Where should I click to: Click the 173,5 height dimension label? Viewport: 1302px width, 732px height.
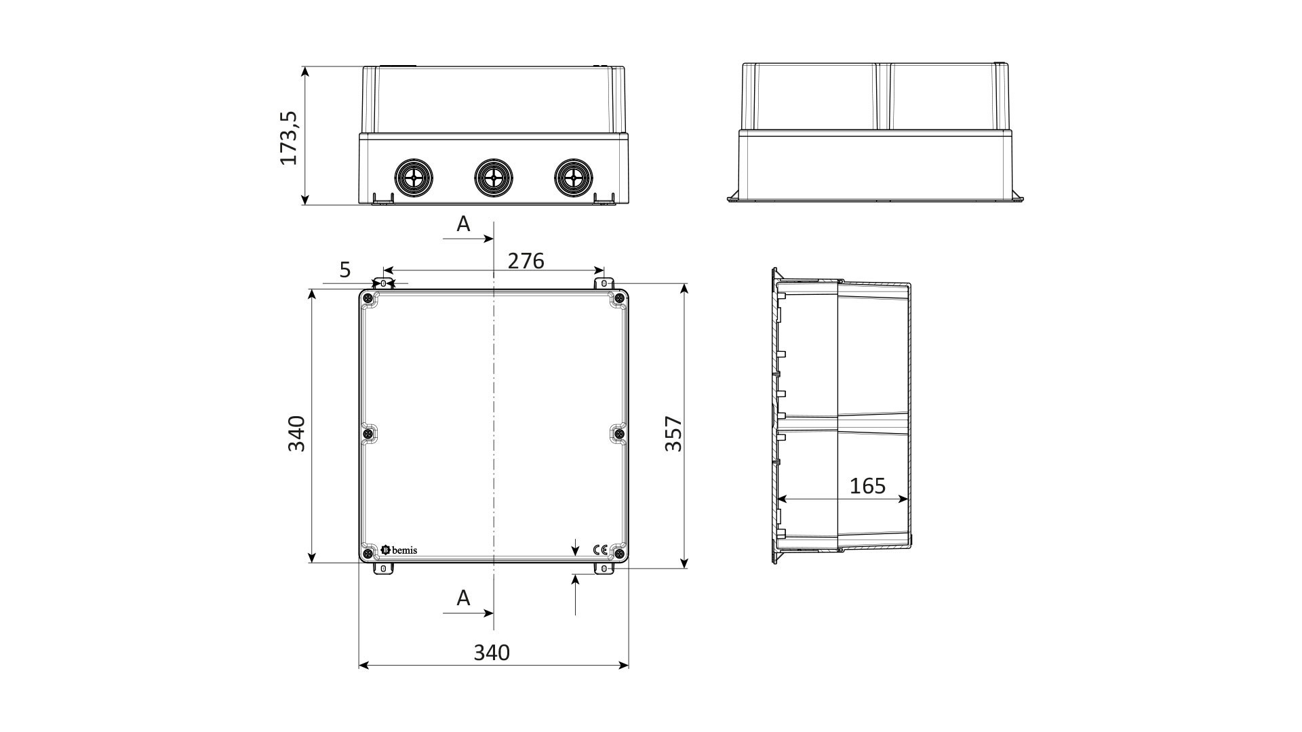tap(290, 138)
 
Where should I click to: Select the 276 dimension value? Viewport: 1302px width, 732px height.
tap(526, 261)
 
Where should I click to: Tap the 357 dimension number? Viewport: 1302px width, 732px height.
tap(673, 434)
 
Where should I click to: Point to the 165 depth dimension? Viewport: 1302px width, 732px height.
tap(868, 486)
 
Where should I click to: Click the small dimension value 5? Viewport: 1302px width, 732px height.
tap(345, 270)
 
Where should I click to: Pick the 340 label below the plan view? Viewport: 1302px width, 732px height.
tap(492, 653)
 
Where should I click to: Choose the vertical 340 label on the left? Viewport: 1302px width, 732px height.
tap(297, 434)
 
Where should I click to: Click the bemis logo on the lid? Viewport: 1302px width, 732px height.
tap(399, 550)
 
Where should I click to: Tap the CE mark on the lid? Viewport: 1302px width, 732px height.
tap(600, 550)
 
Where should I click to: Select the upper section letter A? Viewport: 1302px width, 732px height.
tap(463, 224)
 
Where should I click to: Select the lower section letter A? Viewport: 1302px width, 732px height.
tap(463, 598)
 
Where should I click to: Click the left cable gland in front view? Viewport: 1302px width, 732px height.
tap(413, 178)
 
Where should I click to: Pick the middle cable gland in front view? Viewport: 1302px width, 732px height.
tap(493, 178)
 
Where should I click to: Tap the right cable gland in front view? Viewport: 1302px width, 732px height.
tap(573, 178)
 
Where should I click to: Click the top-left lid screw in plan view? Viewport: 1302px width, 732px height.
tap(368, 299)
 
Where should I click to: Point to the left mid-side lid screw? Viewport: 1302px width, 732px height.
tap(368, 433)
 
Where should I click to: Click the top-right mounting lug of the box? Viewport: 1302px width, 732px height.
tap(604, 283)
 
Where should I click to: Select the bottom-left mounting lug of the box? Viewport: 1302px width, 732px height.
tap(383, 569)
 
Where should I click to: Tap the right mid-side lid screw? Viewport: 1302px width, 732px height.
tap(619, 433)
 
